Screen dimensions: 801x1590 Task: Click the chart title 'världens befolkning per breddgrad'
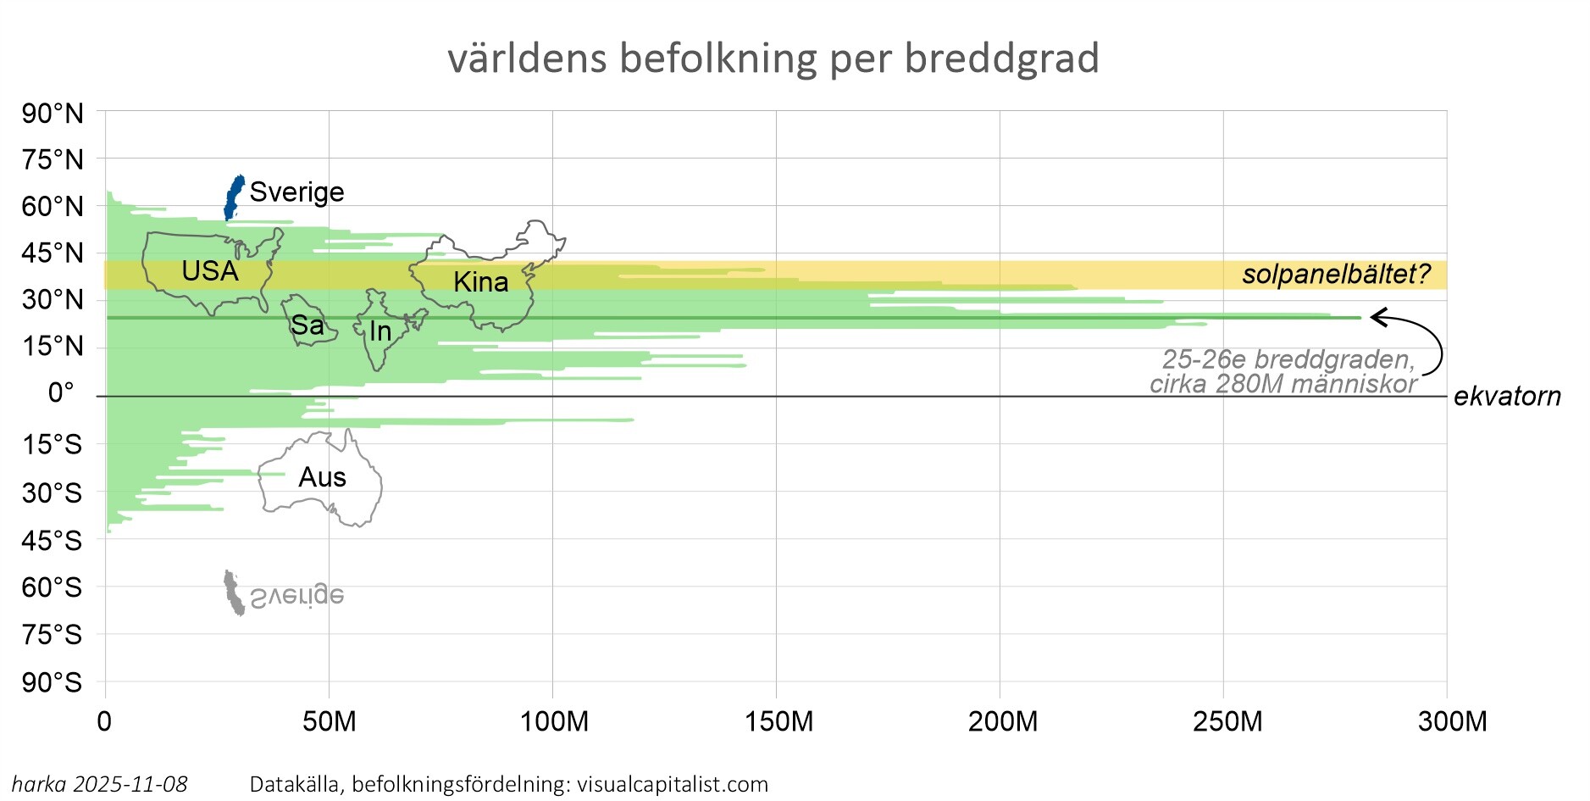773,59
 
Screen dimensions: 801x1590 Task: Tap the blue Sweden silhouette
233,197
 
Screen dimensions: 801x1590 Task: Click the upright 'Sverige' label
296,192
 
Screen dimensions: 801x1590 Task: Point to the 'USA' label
210,271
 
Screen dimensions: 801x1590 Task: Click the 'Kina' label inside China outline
480,282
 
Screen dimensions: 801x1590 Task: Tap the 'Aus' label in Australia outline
322,478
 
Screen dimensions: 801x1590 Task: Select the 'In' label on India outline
380,331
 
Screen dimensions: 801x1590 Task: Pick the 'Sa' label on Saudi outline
307,325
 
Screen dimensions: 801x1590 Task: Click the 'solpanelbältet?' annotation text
1336,275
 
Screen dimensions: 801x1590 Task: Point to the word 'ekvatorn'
1507,397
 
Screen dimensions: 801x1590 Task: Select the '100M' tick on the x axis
554,722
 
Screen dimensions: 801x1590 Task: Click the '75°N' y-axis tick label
53,159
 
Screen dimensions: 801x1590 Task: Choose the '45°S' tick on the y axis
53,541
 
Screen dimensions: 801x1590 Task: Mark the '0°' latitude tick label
61,393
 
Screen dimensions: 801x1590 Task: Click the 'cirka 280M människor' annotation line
1283,385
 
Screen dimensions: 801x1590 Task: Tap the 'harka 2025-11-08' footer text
100,785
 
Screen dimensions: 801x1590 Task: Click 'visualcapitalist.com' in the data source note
673,785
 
